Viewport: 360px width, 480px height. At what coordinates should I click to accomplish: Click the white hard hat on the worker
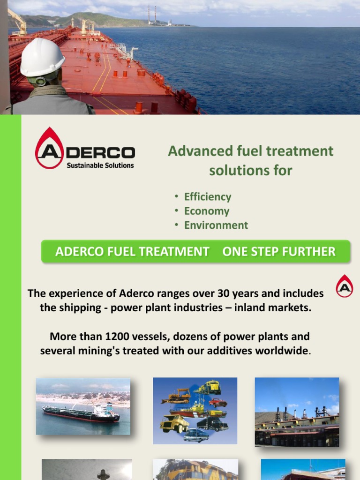click(42, 57)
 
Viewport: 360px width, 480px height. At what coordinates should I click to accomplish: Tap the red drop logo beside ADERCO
click(49, 148)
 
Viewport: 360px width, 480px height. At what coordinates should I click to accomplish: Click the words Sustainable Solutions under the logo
click(100, 165)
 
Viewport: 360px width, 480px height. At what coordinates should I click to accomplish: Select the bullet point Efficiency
click(207, 197)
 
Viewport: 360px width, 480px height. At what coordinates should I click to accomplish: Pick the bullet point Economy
click(206, 211)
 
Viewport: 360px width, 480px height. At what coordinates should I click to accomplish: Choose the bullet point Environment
click(216, 225)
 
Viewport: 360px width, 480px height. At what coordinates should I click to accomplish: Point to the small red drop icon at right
click(345, 286)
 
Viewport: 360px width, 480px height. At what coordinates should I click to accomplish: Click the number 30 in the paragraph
click(223, 294)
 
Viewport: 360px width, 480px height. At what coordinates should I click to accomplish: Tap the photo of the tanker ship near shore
click(83, 406)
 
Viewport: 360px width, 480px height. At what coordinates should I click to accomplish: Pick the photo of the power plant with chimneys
click(297, 412)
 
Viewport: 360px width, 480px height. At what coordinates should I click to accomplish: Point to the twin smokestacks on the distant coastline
click(151, 15)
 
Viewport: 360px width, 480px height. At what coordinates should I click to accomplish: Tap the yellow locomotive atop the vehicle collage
click(208, 387)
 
